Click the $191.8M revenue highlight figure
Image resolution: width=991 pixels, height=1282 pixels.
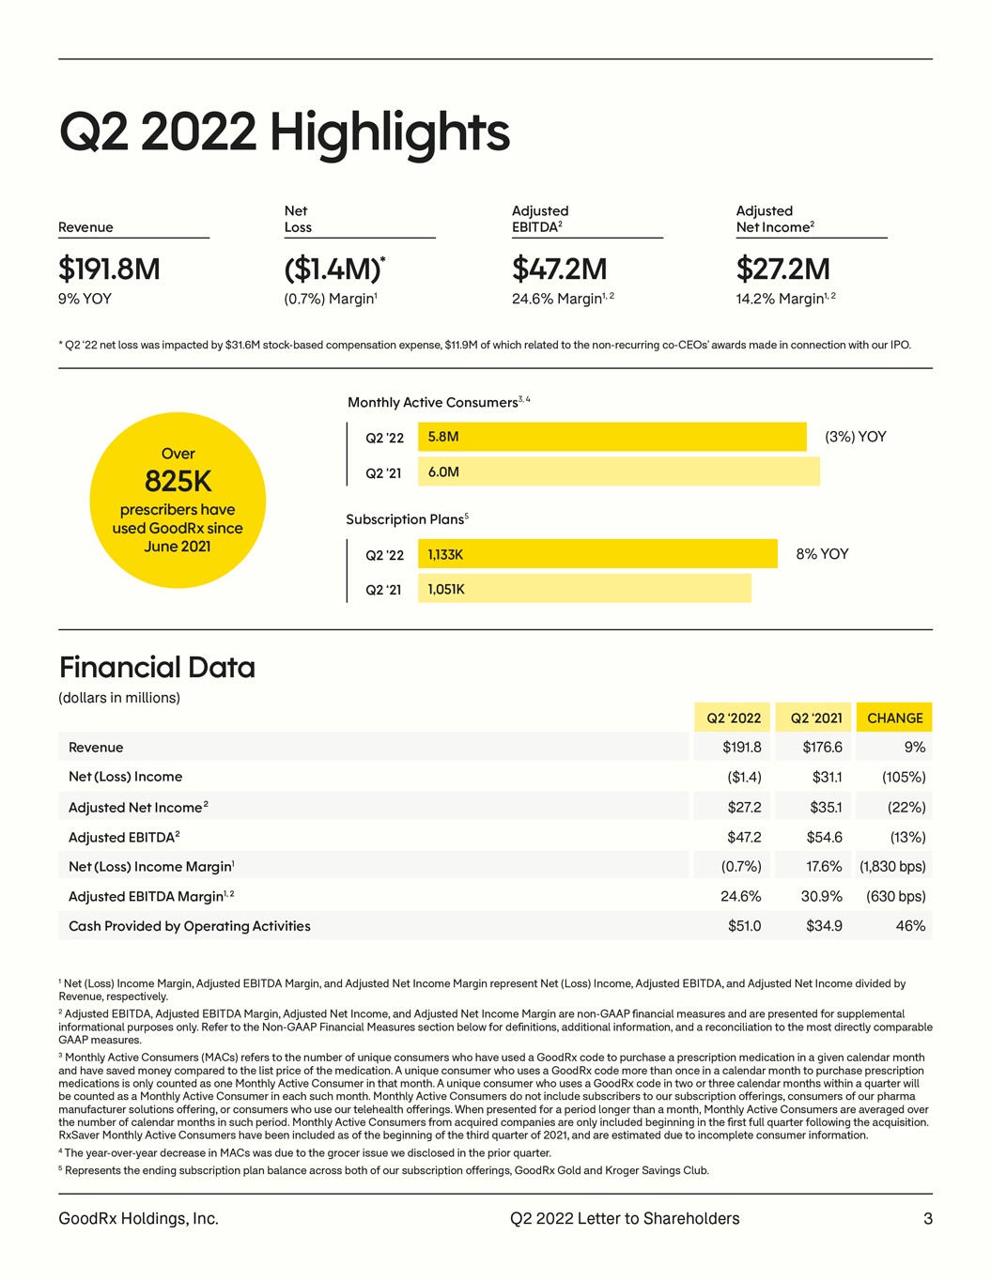pyautogui.click(x=109, y=270)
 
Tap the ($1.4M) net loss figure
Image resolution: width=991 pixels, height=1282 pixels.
pyautogui.click(x=333, y=270)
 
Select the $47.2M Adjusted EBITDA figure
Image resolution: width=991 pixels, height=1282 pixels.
pyautogui.click(x=559, y=270)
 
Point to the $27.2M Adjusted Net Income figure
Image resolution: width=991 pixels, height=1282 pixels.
pyautogui.click(x=782, y=270)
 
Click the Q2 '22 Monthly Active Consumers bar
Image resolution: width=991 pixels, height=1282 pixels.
pyautogui.click(x=612, y=437)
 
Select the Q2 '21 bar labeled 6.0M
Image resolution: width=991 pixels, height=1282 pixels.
pyautogui.click(x=618, y=471)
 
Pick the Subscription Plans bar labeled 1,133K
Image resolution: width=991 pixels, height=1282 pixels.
pyautogui.click(x=597, y=554)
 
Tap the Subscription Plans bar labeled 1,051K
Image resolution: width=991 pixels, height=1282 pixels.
pyautogui.click(x=584, y=589)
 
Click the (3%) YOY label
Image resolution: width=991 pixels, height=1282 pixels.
pyautogui.click(x=855, y=437)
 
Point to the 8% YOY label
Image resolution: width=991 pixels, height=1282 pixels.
pyautogui.click(x=822, y=554)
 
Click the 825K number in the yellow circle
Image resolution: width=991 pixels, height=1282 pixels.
pyautogui.click(x=178, y=482)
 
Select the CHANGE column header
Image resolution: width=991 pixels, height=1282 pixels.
pyautogui.click(x=894, y=718)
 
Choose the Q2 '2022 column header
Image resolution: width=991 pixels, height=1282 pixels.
pyautogui.click(x=733, y=718)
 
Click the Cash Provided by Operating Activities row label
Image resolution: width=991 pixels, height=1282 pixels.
pyautogui.click(x=189, y=926)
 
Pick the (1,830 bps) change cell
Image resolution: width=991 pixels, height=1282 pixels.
pyautogui.click(x=892, y=867)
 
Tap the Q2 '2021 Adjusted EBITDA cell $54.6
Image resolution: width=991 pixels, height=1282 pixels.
pyautogui.click(x=824, y=837)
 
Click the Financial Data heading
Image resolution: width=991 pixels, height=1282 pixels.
pyautogui.click(x=157, y=668)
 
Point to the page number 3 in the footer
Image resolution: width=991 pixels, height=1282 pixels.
pyautogui.click(x=928, y=1218)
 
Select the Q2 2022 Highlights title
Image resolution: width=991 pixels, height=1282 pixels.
pyautogui.click(x=284, y=132)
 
